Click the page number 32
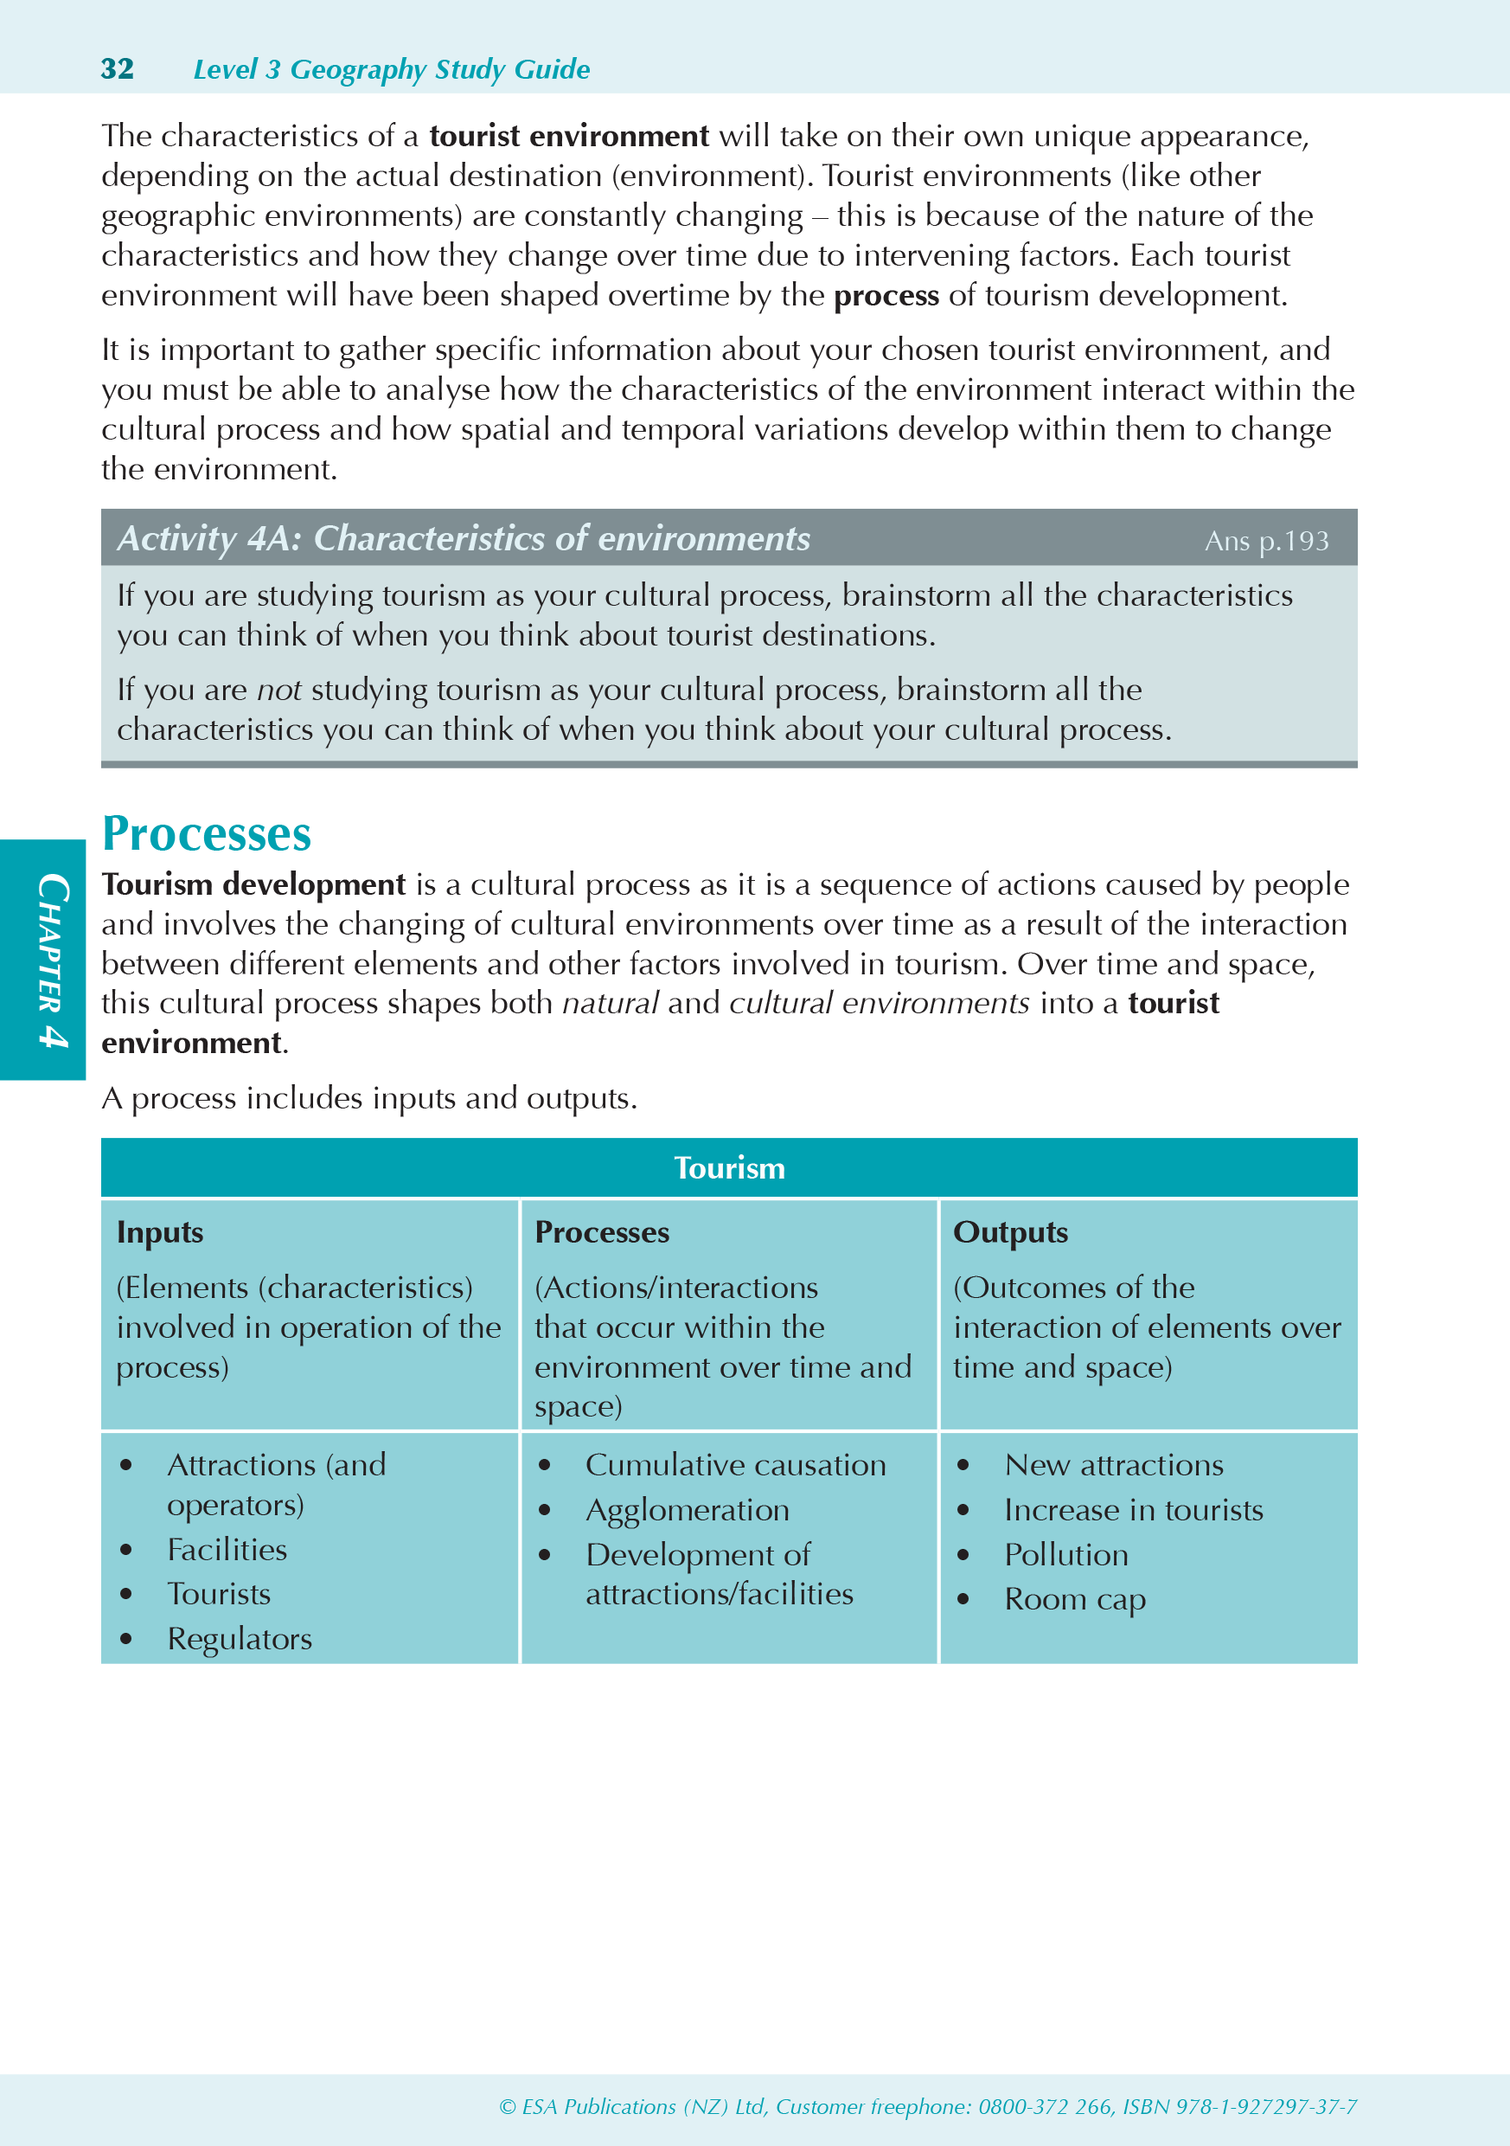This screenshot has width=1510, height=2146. point(117,69)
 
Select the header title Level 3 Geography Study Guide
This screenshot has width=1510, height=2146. point(392,69)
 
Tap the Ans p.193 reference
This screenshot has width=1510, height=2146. point(1266,541)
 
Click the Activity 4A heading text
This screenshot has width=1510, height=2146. point(464,538)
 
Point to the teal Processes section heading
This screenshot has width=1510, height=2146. point(207,833)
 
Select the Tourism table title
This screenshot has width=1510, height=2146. point(729,1168)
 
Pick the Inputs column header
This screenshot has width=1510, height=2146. point(160,1233)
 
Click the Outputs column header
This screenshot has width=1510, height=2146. point(1010,1233)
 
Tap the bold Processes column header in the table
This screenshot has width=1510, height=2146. point(602,1233)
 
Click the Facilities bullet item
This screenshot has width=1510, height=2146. point(227,1550)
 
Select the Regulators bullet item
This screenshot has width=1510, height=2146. point(240,1638)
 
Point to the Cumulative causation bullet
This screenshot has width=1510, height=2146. point(735,1465)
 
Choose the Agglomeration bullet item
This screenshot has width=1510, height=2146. point(687,1509)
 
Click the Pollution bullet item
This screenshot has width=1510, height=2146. point(1066,1554)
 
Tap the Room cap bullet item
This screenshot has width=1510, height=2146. point(1075,1599)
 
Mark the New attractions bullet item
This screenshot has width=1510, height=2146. point(1114,1465)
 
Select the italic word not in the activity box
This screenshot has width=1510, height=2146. point(278,690)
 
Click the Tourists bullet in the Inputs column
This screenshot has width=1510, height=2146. point(219,1594)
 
